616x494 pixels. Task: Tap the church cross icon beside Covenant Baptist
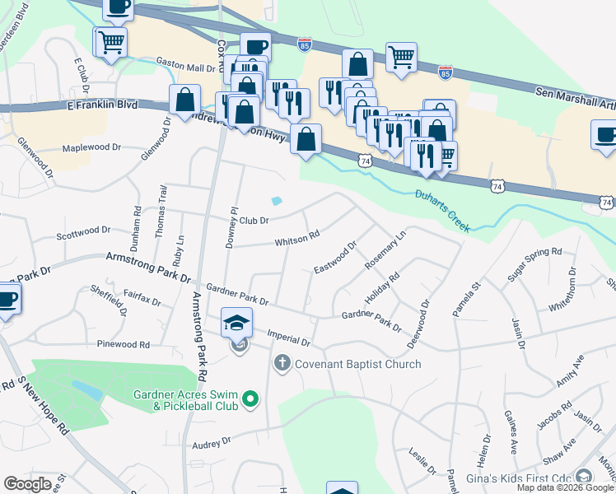tap(282, 363)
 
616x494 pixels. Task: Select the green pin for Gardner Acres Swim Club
tap(252, 401)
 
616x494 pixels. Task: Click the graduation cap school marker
tap(236, 322)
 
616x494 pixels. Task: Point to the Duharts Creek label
tap(443, 211)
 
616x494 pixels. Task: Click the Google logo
tap(27, 484)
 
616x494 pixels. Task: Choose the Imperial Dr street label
tap(288, 337)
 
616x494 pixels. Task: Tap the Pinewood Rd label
tap(123, 343)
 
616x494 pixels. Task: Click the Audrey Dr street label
tap(212, 442)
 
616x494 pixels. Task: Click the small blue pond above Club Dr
tap(277, 200)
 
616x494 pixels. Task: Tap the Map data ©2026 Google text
tap(565, 487)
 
